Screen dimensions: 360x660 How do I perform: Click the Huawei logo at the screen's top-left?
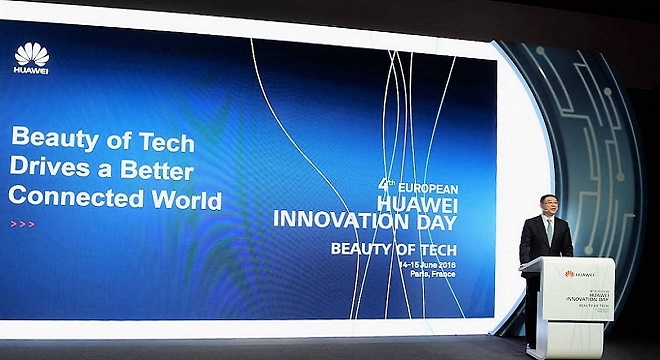click(31, 57)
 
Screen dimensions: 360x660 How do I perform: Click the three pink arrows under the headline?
click(21, 224)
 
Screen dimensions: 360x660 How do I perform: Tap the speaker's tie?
click(548, 232)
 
